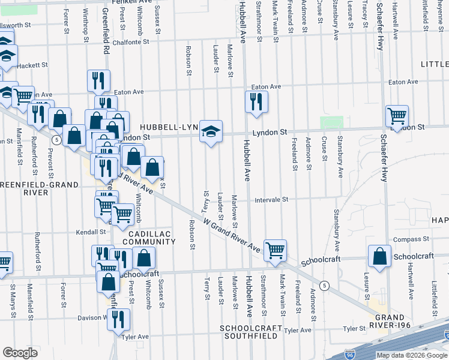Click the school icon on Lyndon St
click(x=211, y=131)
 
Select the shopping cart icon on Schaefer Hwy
click(x=397, y=116)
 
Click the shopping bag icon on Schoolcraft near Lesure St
click(x=381, y=256)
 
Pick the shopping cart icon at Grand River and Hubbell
click(x=275, y=250)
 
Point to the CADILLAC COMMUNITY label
click(x=146, y=237)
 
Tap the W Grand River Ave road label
click(x=231, y=235)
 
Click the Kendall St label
click(x=91, y=232)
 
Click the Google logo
click(x=20, y=353)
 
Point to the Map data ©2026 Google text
click(x=412, y=355)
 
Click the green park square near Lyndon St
click(x=331, y=122)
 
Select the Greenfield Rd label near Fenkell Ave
click(x=106, y=30)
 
